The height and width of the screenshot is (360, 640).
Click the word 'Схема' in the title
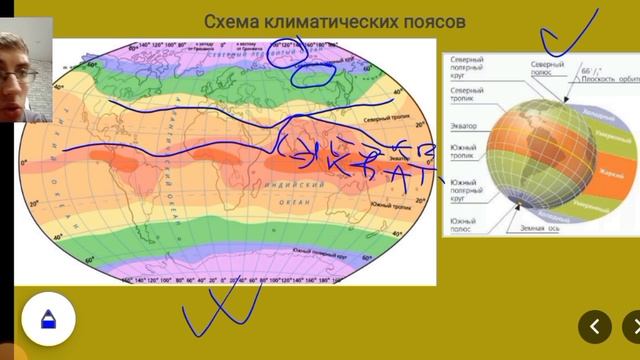[234, 21]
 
